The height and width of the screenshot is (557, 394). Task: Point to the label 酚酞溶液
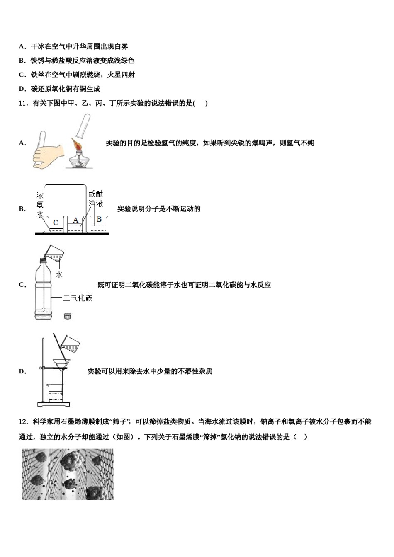96,199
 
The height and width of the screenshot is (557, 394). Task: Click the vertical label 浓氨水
40,205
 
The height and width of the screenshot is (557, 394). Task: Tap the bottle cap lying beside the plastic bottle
68,316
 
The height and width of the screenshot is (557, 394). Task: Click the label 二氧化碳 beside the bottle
78,298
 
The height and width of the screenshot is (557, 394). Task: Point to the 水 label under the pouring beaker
59,274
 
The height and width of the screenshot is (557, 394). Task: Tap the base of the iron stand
54,404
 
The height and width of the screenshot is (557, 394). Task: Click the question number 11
23,103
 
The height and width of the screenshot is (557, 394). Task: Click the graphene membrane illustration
67,474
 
